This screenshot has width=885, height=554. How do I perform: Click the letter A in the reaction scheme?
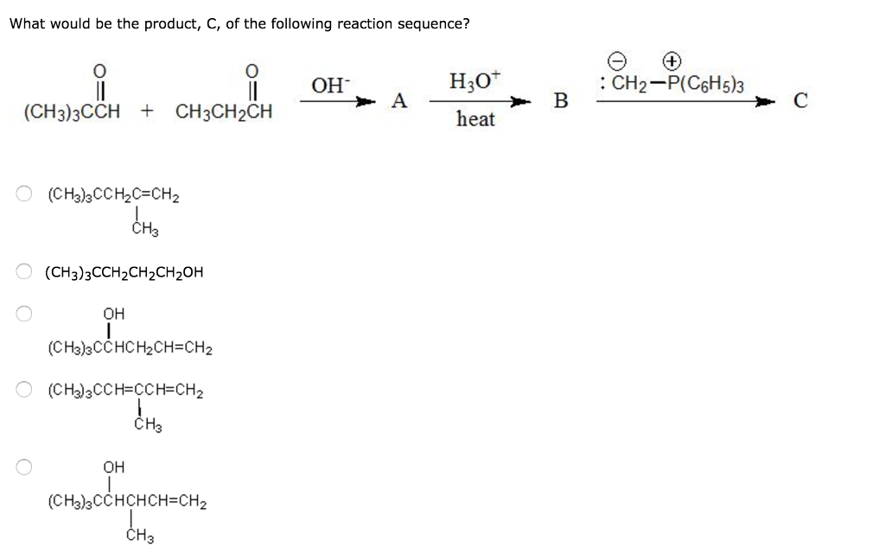point(398,101)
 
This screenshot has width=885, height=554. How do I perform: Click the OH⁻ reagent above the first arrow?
point(329,86)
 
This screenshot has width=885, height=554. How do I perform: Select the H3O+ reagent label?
point(473,84)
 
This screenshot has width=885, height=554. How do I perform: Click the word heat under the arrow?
point(475,119)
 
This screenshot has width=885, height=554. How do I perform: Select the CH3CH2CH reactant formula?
point(224,112)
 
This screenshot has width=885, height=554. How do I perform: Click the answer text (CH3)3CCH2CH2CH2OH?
point(124,273)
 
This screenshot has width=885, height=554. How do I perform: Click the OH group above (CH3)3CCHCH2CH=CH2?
point(113,313)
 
